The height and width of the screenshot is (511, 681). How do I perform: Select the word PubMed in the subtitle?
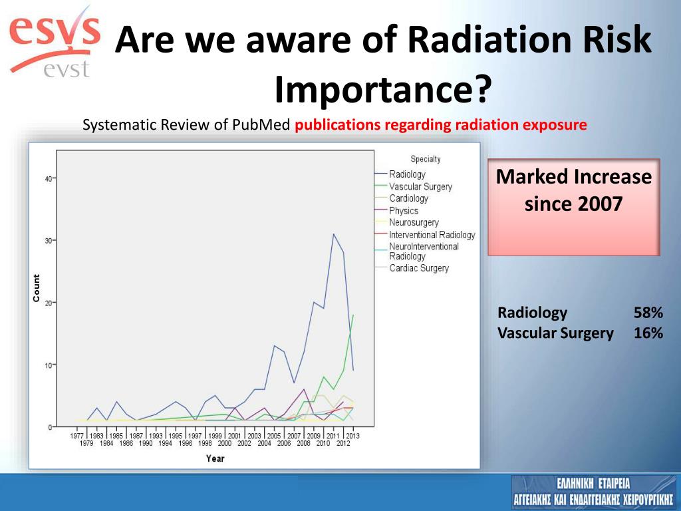[x=261, y=125]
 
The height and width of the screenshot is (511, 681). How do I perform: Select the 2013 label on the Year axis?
[x=352, y=435]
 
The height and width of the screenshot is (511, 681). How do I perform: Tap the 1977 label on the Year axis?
[x=77, y=435]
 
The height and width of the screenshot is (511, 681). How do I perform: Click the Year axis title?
[x=215, y=458]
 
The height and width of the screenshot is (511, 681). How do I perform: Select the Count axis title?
[x=37, y=287]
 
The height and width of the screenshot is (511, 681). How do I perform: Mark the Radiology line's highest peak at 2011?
[x=333, y=234]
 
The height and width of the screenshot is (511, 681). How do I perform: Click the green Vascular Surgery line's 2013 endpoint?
[x=353, y=315]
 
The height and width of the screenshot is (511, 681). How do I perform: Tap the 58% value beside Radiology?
[x=648, y=313]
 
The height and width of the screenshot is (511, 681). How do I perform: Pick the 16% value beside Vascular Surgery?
[x=648, y=333]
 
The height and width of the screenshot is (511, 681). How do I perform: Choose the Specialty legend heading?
[x=426, y=159]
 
